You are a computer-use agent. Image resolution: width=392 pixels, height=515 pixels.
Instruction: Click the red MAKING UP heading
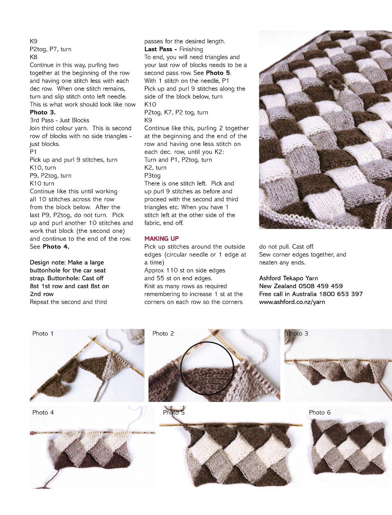161,238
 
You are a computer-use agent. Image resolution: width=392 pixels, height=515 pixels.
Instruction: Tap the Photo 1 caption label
43,334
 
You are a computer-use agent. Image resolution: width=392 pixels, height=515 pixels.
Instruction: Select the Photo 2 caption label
163,334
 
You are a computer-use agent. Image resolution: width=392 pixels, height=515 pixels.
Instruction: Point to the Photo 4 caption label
43,412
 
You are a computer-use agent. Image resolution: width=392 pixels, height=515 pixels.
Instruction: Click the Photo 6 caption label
320,412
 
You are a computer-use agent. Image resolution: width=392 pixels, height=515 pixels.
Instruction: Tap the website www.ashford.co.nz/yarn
292,302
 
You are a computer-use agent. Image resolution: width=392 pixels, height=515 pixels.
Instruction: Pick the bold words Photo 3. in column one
43,112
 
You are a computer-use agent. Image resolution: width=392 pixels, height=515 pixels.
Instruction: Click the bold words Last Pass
158,49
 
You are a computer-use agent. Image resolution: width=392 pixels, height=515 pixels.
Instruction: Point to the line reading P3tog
152,175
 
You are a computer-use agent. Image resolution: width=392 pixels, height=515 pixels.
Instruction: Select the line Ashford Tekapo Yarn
288,278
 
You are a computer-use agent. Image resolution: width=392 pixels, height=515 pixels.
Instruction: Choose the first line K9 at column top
34,41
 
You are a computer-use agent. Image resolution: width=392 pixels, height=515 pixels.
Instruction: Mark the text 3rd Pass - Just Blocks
59,120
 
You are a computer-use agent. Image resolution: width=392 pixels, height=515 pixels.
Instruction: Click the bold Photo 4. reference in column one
56,247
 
